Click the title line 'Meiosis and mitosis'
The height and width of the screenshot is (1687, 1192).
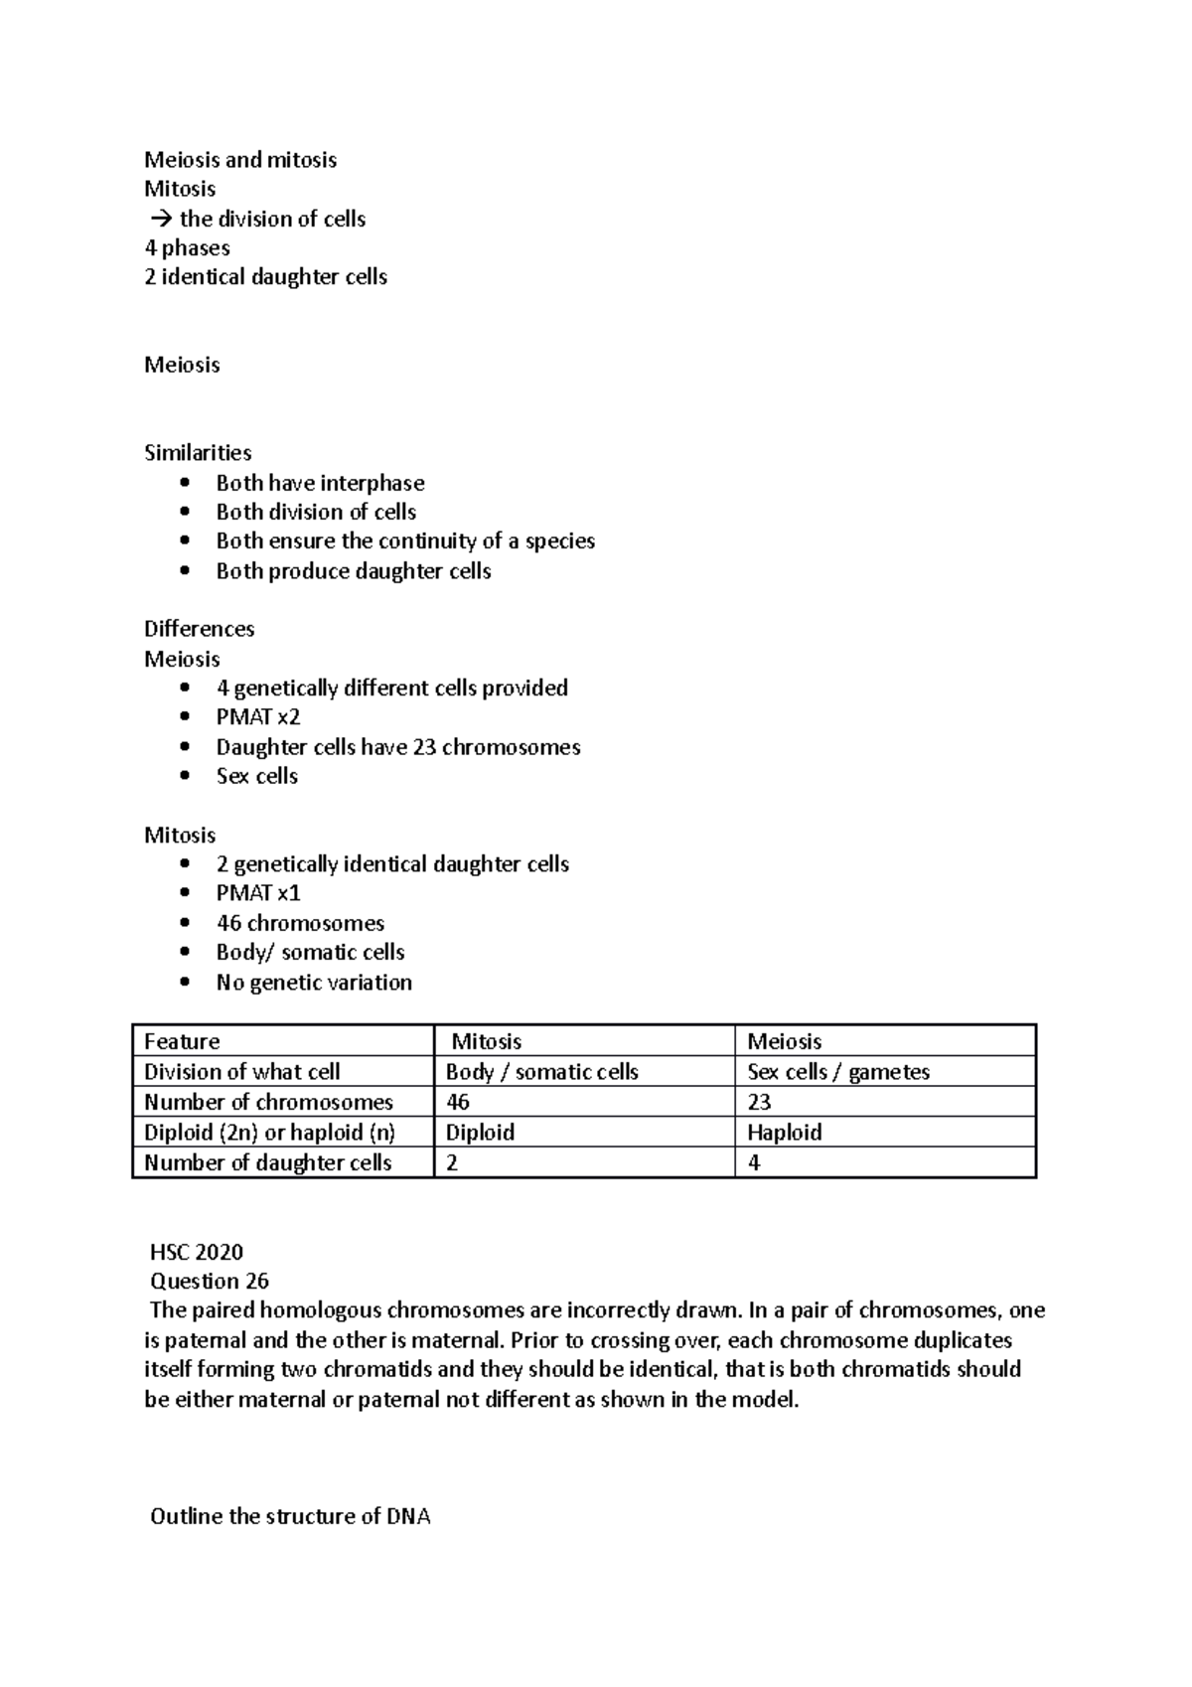click(240, 160)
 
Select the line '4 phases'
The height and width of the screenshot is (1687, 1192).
click(187, 248)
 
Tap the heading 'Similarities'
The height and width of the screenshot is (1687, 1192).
click(198, 453)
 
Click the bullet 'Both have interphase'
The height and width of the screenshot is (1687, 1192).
click(320, 483)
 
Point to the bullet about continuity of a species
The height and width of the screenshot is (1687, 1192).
click(405, 541)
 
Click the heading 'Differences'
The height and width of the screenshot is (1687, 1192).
click(199, 629)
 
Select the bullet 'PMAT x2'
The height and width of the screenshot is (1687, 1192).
click(258, 717)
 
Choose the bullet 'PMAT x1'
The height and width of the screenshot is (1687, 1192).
click(258, 893)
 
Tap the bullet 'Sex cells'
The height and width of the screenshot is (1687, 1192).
click(257, 776)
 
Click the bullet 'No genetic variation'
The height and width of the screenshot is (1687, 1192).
click(314, 983)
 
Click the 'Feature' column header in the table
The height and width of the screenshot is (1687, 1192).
click(182, 1041)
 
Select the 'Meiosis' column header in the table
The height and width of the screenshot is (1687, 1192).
click(784, 1041)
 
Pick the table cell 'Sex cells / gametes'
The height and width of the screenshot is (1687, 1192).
click(837, 1072)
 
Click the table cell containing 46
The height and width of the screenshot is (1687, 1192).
click(458, 1102)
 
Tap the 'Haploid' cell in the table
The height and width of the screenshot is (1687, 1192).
click(784, 1133)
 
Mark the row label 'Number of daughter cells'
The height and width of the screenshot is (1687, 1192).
click(268, 1162)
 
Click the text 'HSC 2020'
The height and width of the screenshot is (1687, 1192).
click(197, 1252)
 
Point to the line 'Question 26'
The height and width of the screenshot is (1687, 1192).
click(210, 1282)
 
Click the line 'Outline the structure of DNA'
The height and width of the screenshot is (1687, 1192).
click(290, 1517)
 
